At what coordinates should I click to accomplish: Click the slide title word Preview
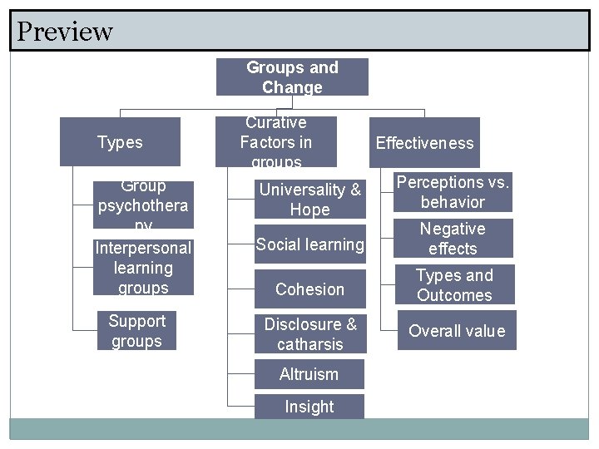pos(65,32)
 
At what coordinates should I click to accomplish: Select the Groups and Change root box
pos(292,77)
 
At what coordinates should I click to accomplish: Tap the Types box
pos(121,142)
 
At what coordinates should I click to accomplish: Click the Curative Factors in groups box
pos(276,142)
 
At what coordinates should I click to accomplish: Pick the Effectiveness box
pos(424,143)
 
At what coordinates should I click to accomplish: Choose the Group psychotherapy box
pos(143,205)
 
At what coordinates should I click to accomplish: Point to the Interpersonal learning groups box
pos(143,268)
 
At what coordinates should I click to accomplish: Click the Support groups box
pos(137,331)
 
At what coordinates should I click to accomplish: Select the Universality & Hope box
pos(309,200)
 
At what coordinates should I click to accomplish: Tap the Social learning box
pos(309,244)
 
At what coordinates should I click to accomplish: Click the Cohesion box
pos(309,289)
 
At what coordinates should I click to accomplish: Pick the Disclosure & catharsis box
pos(309,334)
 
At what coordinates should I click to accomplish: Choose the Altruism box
pos(309,374)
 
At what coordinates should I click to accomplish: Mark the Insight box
pos(309,407)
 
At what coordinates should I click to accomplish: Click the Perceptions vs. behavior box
pos(453,192)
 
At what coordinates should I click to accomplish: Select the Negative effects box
pos(453,239)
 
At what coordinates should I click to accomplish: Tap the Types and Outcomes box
pos(454,285)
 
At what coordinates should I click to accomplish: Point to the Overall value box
pos(457,331)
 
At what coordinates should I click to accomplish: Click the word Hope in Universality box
pos(309,210)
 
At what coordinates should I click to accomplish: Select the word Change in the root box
pos(292,87)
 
